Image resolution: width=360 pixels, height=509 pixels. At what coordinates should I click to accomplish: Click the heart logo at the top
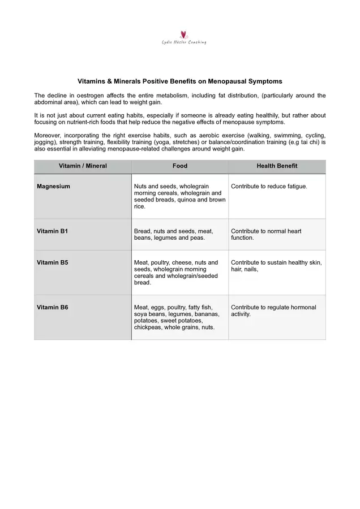coord(183,34)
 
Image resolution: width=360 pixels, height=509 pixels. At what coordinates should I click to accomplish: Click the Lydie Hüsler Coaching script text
coord(184,42)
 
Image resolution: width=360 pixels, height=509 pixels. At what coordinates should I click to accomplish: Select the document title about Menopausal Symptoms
coord(179,81)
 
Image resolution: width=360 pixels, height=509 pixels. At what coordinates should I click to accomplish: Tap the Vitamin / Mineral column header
coord(83,166)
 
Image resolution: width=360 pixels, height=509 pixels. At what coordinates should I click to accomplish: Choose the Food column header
coord(180,166)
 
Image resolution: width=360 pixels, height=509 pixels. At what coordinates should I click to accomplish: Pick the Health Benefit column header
coord(277,166)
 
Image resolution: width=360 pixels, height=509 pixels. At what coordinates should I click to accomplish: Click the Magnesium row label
coord(54,187)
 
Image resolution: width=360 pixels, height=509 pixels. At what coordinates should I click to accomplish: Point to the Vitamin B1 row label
coord(53,231)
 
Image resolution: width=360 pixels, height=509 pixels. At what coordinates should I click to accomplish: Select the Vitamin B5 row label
coord(53,262)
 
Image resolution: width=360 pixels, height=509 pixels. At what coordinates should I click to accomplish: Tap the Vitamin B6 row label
coord(53,308)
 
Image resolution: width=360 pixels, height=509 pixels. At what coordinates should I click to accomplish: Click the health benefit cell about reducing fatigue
coord(269,187)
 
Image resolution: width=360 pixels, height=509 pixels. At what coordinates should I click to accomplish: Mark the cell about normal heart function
coord(266,235)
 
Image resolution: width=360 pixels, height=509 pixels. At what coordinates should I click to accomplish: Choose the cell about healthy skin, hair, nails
coord(276,266)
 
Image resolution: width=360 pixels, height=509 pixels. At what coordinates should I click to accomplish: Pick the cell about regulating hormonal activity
coord(273,311)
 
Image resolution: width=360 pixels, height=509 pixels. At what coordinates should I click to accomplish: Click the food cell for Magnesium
coord(179,196)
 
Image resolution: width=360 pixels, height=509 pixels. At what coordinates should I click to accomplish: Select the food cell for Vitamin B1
coord(173,235)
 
